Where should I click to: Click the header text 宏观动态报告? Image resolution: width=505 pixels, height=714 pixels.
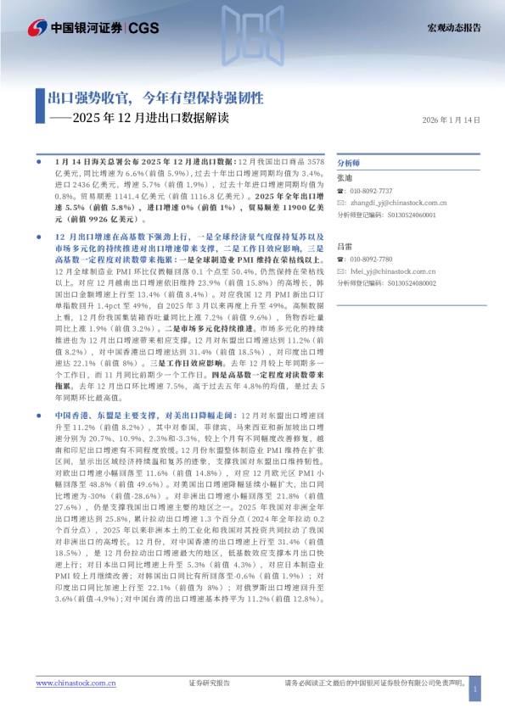click(453, 28)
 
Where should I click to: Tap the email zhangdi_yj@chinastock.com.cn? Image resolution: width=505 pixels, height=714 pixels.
click(397, 204)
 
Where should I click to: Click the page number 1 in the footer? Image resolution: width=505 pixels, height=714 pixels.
click(474, 691)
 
